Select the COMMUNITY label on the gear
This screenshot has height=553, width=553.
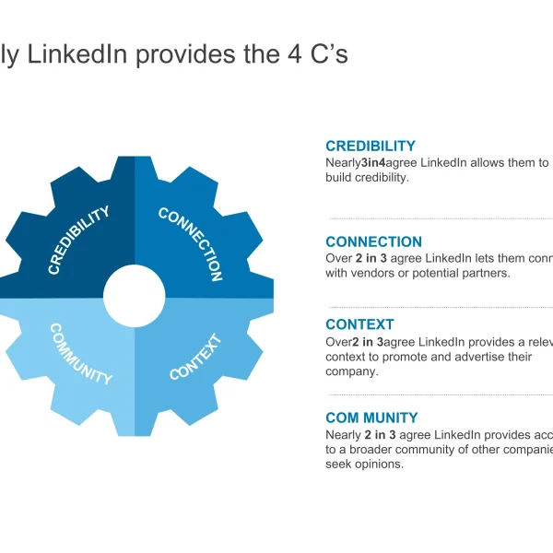point(81,354)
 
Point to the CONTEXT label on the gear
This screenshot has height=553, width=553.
point(196,358)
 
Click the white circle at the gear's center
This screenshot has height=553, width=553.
point(135,298)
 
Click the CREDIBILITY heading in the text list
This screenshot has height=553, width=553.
point(371,146)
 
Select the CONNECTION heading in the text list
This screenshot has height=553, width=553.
point(373,242)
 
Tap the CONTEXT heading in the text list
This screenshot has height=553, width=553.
point(359,324)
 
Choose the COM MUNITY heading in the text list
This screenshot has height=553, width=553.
point(371,418)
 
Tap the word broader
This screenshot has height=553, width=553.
point(364,450)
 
